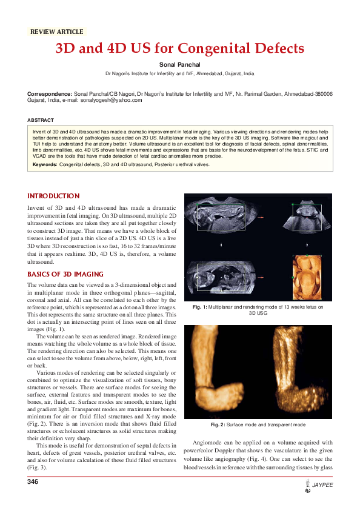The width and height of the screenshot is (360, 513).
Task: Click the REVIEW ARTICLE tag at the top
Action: [x=56, y=32]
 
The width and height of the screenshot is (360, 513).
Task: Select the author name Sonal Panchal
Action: [x=179, y=64]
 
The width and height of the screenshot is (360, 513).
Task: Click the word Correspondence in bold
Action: [x=49, y=95]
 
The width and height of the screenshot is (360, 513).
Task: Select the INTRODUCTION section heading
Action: [x=53, y=196]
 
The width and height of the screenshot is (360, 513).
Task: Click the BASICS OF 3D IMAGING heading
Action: [x=70, y=274]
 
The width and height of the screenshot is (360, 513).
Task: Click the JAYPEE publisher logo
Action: [x=319, y=486]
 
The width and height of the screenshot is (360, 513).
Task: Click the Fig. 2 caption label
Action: [x=219, y=424]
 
